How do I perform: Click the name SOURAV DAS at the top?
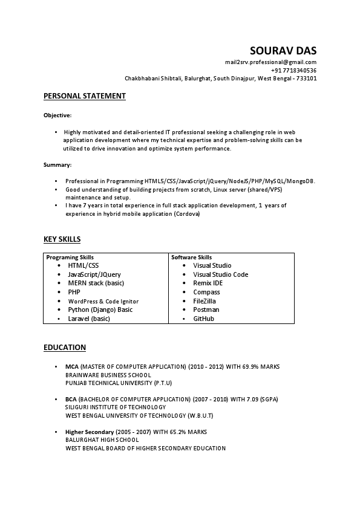(x=283, y=50)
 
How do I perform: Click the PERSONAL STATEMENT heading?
(x=85, y=96)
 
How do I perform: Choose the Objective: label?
(x=57, y=115)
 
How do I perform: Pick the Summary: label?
(x=57, y=164)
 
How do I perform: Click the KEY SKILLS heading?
(x=62, y=239)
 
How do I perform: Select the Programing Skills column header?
(x=70, y=257)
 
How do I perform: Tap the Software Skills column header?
(x=191, y=257)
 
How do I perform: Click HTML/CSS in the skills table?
(x=83, y=265)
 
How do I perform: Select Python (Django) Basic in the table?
(x=100, y=310)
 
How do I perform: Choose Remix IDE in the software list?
(x=208, y=283)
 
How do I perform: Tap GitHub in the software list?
(x=203, y=319)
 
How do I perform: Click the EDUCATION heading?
(x=65, y=348)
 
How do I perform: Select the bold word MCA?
(x=71, y=367)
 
